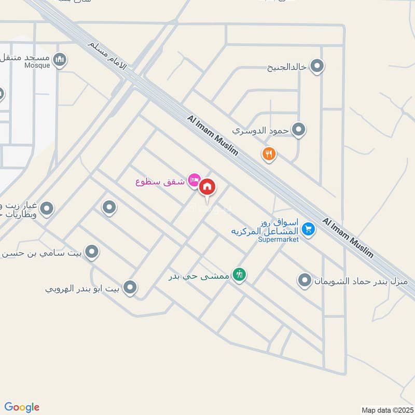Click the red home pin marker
[x=208, y=187]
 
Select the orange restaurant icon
[x=268, y=154]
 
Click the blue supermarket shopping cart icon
[x=308, y=228]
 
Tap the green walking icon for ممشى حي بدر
[x=239, y=274]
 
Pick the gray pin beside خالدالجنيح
[x=317, y=66]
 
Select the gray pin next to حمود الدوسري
[x=298, y=130]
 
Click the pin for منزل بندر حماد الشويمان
[x=305, y=281]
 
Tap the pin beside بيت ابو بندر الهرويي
[x=130, y=287]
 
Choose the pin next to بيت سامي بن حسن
[x=92, y=252]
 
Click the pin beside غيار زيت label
[x=47, y=209]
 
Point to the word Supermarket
[x=279, y=240]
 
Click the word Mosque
[x=37, y=66]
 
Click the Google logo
[x=22, y=407]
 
